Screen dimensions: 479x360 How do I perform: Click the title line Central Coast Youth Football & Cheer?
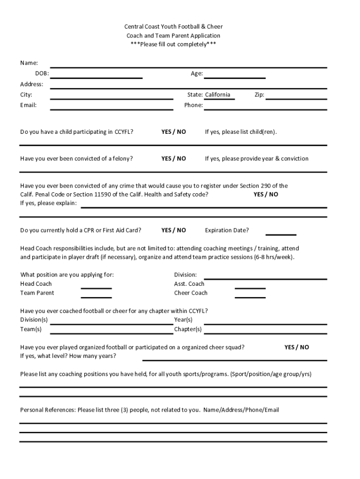tap(173, 27)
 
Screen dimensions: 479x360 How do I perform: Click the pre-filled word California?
tap(217, 95)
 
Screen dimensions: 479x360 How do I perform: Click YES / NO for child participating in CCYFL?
tap(173, 132)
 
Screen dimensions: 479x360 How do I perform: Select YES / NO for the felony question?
tap(173, 159)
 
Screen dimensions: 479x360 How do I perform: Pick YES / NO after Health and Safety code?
tap(266, 194)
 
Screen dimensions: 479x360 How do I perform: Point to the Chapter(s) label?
tap(188, 329)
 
